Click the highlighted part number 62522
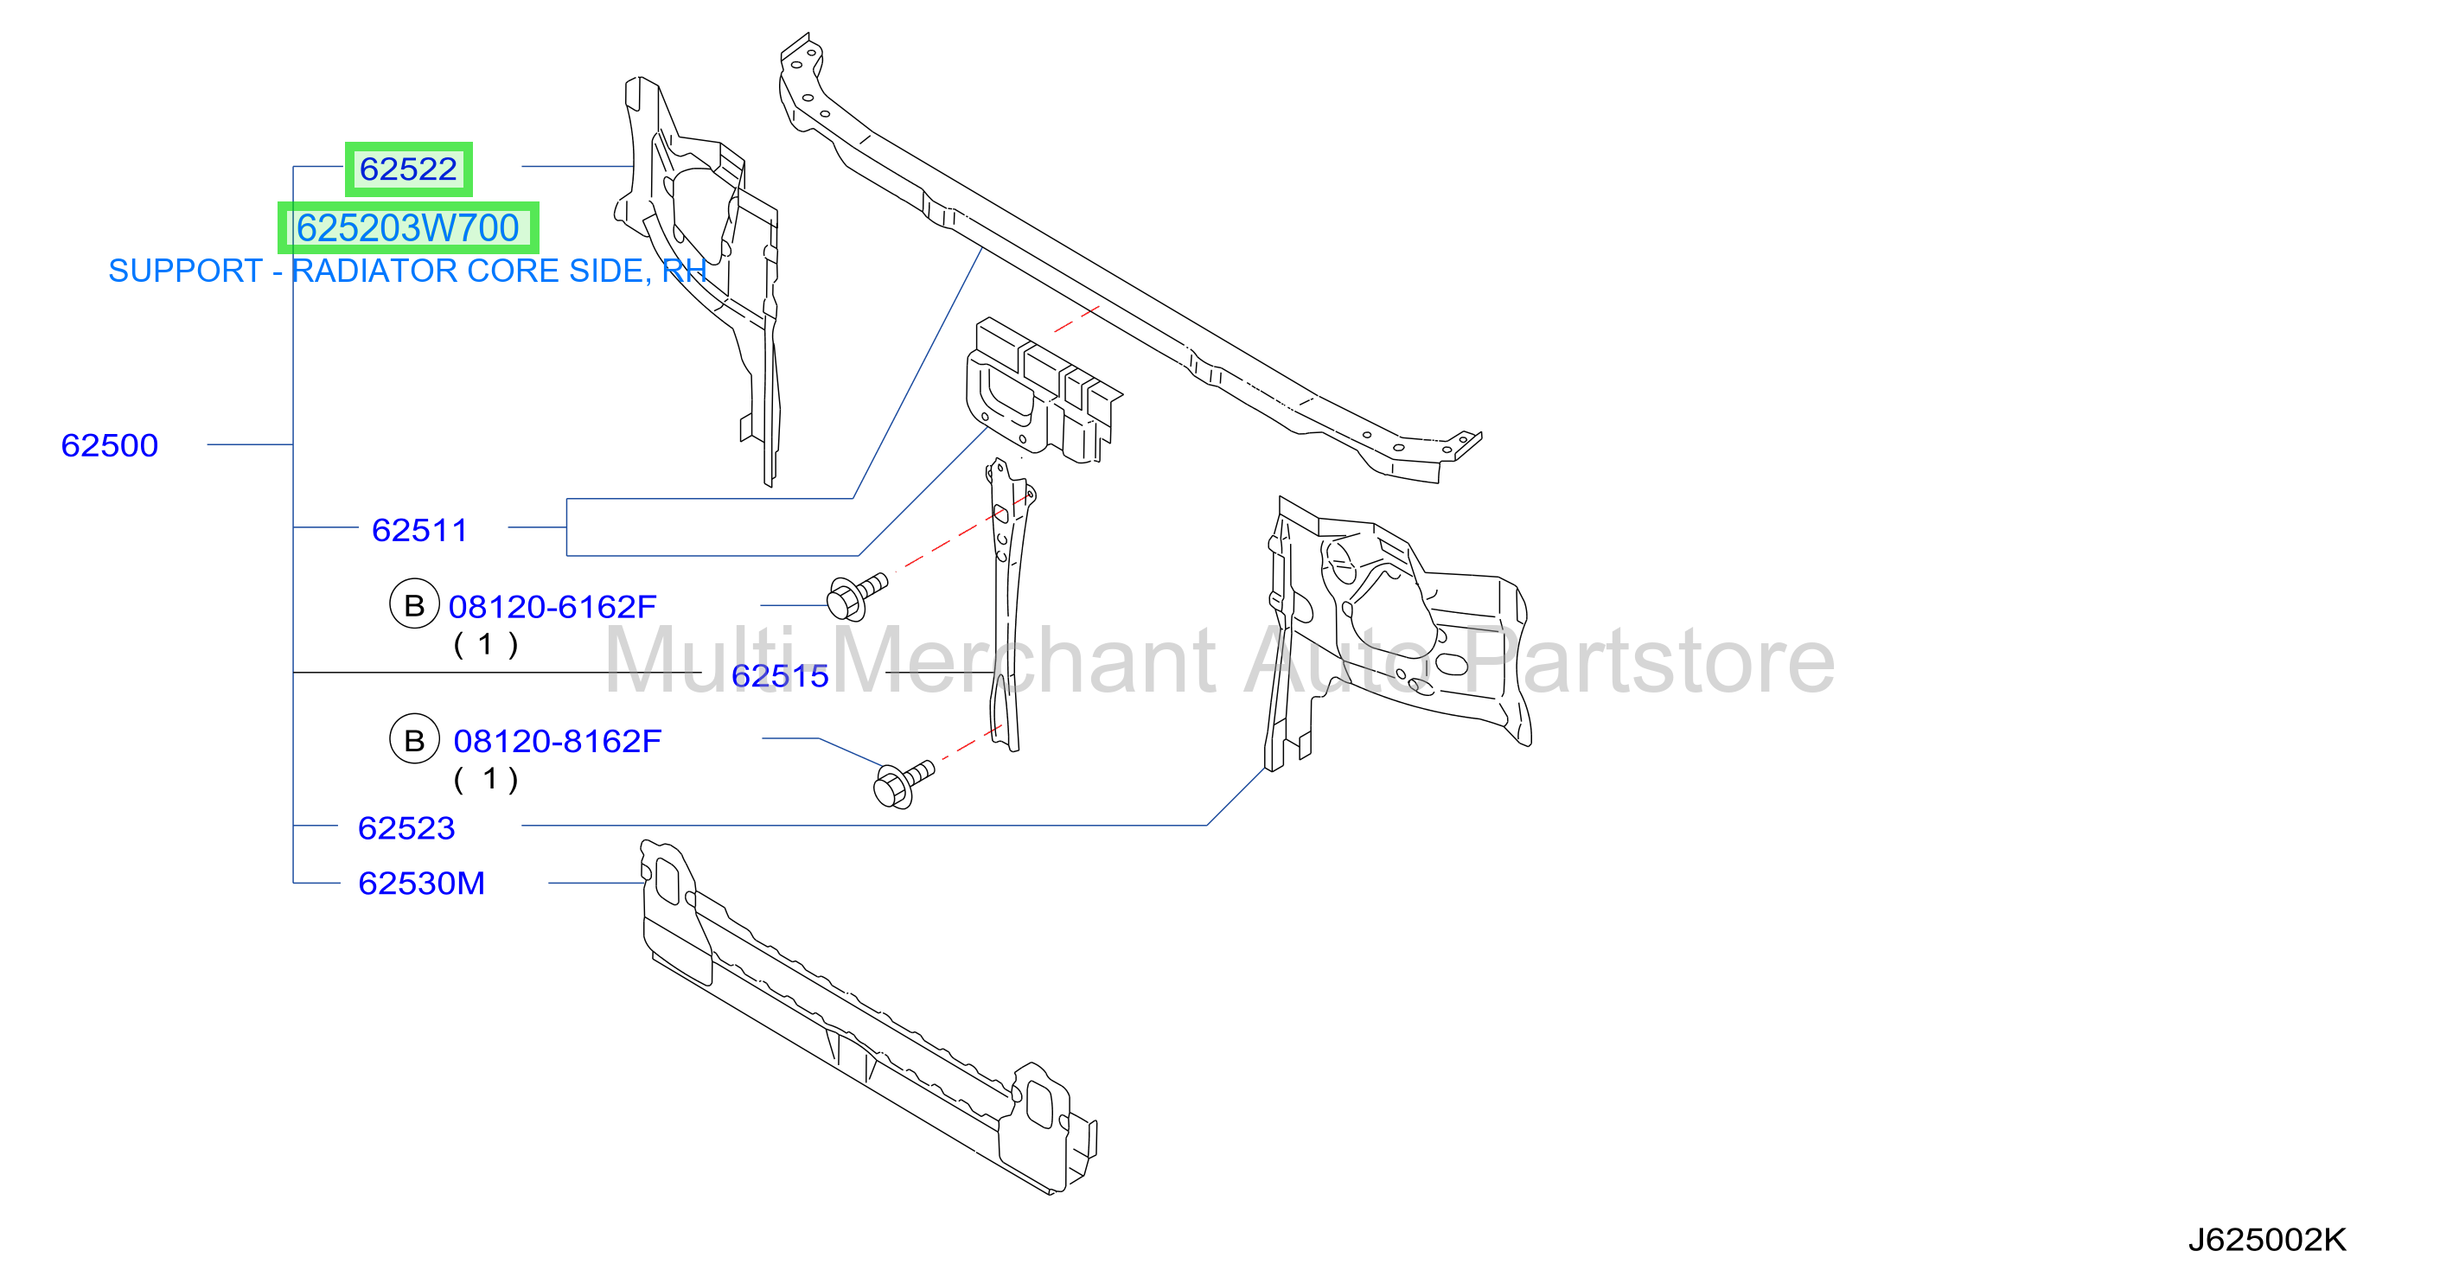(x=408, y=169)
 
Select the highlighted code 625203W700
(x=407, y=228)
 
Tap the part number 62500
(x=110, y=445)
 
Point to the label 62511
(x=419, y=530)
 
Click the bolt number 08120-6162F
(x=553, y=607)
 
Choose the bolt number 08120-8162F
(x=557, y=742)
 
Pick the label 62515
(x=781, y=676)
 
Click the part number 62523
(x=406, y=828)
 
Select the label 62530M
(x=421, y=884)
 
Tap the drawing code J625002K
(x=2267, y=1240)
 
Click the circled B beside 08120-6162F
(x=414, y=604)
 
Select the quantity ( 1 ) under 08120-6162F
(x=486, y=645)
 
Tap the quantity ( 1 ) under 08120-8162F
(x=486, y=779)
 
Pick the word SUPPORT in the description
(x=186, y=271)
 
